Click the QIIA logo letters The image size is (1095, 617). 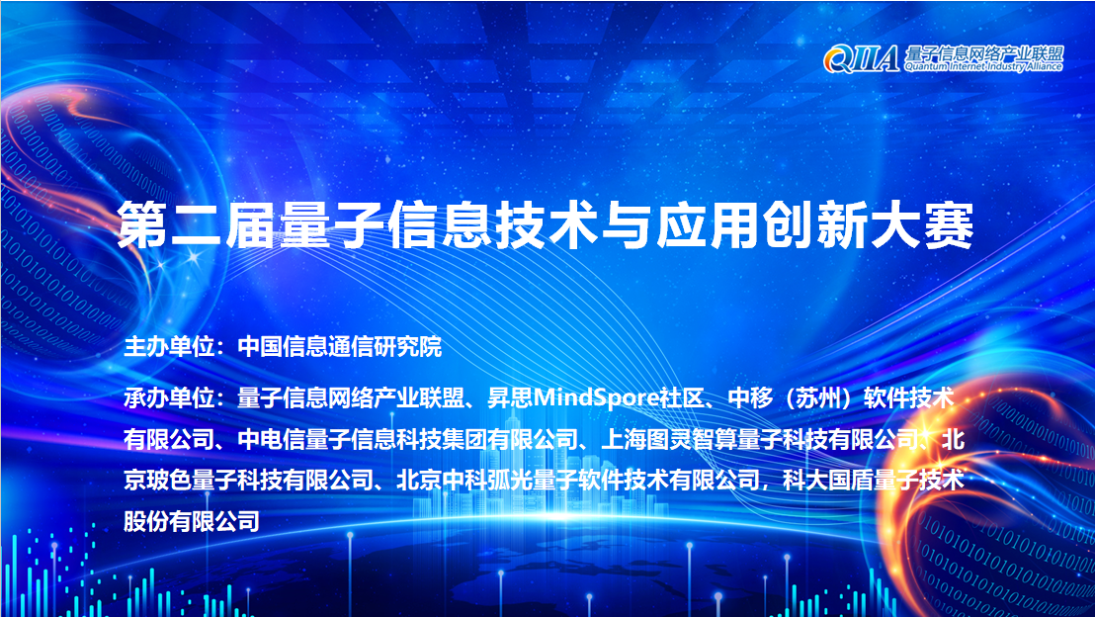(862, 58)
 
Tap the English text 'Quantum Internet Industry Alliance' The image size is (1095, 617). (983, 67)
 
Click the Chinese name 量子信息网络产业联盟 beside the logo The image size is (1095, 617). (983, 51)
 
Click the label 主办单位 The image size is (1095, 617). (170, 347)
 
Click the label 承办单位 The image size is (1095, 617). (170, 398)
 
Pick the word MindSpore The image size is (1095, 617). (589, 398)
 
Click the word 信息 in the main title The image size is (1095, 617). (436, 225)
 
